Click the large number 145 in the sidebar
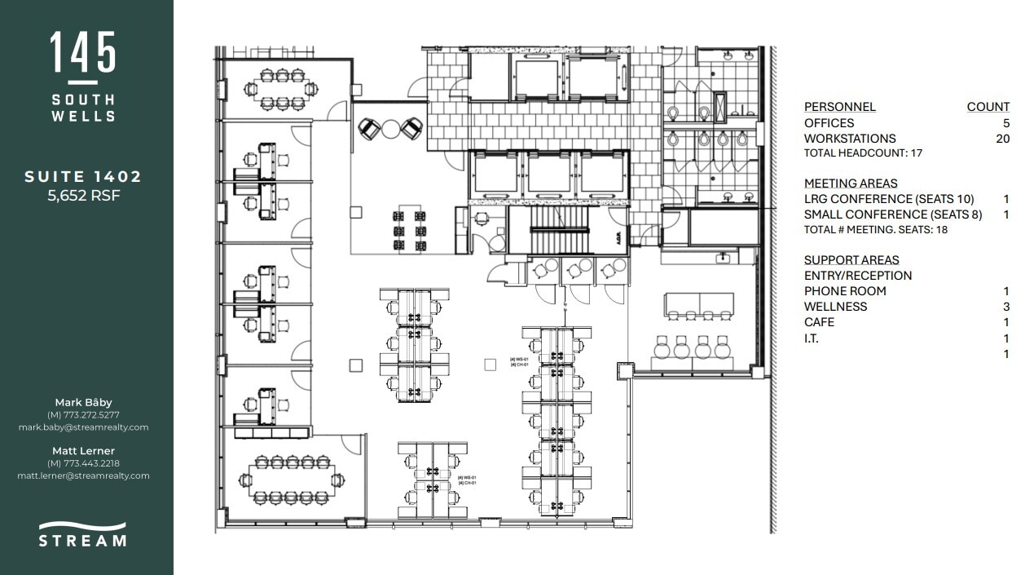click(83, 53)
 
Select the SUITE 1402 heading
click(83, 177)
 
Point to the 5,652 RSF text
click(83, 195)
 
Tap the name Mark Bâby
click(83, 402)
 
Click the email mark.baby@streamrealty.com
click(83, 427)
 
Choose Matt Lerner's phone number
click(83, 463)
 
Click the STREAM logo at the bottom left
click(83, 534)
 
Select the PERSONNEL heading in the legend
click(839, 107)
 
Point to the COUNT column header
click(988, 107)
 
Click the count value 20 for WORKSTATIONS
click(1002, 139)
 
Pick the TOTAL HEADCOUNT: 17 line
click(863, 153)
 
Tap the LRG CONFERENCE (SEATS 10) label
click(888, 199)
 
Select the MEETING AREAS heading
click(851, 184)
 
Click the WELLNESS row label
click(835, 307)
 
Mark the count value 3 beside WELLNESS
click(1006, 307)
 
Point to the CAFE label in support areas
click(819, 322)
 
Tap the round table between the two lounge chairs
click(391, 128)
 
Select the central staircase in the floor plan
click(559, 230)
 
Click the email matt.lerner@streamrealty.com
click(83, 475)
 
